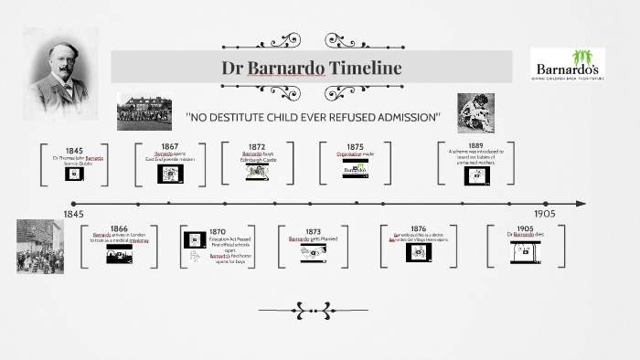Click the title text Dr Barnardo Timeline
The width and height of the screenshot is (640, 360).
coord(312,69)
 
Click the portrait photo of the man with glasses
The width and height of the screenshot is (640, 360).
coord(62,65)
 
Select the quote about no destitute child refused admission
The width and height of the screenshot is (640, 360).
coord(313,118)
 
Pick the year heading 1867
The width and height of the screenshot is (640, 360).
coord(170,146)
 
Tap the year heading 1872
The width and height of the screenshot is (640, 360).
coord(259,146)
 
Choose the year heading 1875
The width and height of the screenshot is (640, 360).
coord(355,146)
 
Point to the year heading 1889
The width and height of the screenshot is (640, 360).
coord(475,145)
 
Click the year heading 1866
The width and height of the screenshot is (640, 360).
coord(120,228)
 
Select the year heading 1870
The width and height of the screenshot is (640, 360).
coord(217,232)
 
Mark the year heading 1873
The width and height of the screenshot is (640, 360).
coord(313,232)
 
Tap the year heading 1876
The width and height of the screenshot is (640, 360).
coord(418,228)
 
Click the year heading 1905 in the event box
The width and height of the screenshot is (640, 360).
coord(525,228)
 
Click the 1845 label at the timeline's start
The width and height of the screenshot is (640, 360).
coord(74,213)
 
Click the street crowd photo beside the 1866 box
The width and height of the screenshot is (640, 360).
coord(39,246)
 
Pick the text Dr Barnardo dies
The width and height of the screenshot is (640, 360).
coord(525,236)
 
